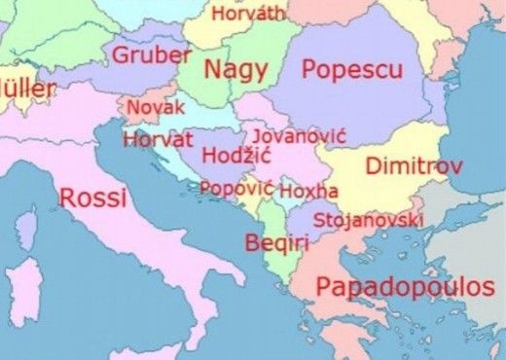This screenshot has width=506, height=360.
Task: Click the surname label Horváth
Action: (249, 14)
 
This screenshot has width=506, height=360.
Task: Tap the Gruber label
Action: (152, 54)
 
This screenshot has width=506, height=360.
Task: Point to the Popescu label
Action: (351, 69)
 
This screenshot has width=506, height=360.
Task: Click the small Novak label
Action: (156, 105)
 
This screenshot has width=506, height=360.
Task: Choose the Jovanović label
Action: (291, 136)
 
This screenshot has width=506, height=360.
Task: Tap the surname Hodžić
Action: (236, 156)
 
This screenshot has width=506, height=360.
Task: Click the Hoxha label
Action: (308, 191)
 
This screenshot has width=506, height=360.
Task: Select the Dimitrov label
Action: (413, 166)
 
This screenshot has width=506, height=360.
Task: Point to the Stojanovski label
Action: (369, 220)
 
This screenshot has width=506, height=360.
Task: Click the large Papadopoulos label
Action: (405, 287)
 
